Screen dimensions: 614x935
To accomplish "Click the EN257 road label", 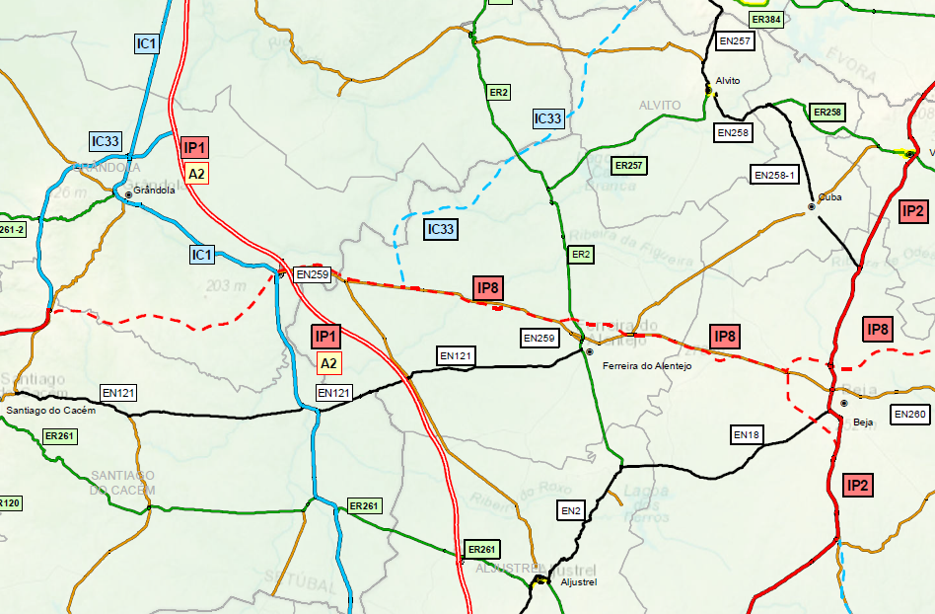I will coord(735,41).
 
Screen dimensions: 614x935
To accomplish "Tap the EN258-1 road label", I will coord(775,175).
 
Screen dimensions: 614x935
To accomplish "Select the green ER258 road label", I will coord(827,113).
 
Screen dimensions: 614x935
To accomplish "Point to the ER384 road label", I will coord(764,20).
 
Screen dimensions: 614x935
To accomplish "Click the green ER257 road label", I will coord(629,165).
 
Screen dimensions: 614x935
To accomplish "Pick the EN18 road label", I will coord(747,434).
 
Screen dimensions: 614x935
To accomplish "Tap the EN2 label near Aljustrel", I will coord(571,510).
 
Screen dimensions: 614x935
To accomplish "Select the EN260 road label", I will coord(910,415).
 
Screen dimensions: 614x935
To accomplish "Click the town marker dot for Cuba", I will coord(812,206).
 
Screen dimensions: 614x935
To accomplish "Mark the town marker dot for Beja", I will coord(844,403).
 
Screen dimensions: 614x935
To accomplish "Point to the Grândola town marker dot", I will coord(128,193).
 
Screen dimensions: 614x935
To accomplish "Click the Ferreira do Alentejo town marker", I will coord(589,351).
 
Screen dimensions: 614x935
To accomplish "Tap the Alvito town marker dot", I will coord(709,91).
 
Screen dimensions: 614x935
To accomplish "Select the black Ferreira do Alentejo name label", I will coord(647,366).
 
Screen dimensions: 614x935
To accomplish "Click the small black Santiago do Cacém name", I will coord(50,410).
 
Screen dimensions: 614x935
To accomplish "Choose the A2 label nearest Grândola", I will coord(196,174).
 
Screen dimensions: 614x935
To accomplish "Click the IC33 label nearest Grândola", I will coord(105,142).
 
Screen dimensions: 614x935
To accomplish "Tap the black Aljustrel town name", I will coord(579,582).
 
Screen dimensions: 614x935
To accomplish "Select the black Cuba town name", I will coord(830,194).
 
